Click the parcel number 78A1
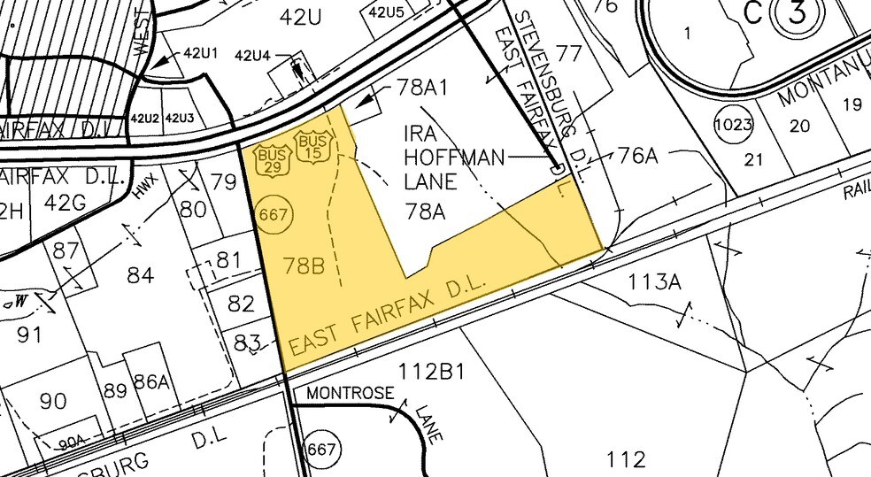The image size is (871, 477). tap(413, 89)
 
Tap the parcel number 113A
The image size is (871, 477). tap(655, 282)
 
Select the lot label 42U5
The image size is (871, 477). tap(386, 12)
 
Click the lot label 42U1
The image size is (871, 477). tap(201, 53)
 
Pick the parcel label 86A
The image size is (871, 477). tap(150, 382)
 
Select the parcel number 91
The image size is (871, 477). tap(29, 335)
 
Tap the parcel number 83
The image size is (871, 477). tap(247, 341)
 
